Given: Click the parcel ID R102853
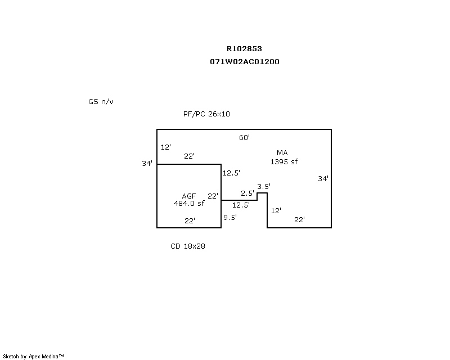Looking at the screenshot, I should (x=244, y=49).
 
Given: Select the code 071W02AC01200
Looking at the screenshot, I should (x=244, y=62).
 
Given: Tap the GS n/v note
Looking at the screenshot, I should (x=101, y=102).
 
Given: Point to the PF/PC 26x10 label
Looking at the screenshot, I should (x=206, y=114).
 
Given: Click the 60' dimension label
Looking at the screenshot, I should (x=244, y=138).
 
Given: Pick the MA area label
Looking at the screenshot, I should (x=282, y=153).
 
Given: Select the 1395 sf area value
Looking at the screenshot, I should (x=283, y=162).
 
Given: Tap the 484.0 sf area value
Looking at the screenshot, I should (x=189, y=204).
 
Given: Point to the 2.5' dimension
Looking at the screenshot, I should (x=247, y=193).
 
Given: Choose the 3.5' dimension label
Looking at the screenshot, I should (x=264, y=186).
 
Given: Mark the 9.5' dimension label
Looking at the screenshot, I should (x=229, y=217).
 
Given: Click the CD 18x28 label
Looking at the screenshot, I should (x=188, y=246).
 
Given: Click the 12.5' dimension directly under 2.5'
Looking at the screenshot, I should (x=241, y=205).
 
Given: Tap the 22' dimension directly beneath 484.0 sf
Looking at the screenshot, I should (x=190, y=221).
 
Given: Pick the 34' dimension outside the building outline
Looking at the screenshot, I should (x=147, y=164).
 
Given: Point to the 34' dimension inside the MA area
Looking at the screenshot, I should (x=323, y=179).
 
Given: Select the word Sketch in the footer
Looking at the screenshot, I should (x=11, y=356).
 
